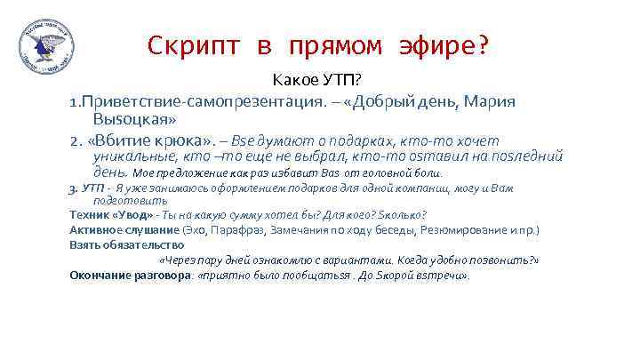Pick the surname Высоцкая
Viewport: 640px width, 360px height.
click(x=133, y=118)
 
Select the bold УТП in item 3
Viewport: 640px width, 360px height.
click(x=92, y=188)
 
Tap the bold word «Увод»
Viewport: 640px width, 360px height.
click(x=127, y=214)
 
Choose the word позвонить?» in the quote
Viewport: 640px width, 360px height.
click(x=504, y=260)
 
